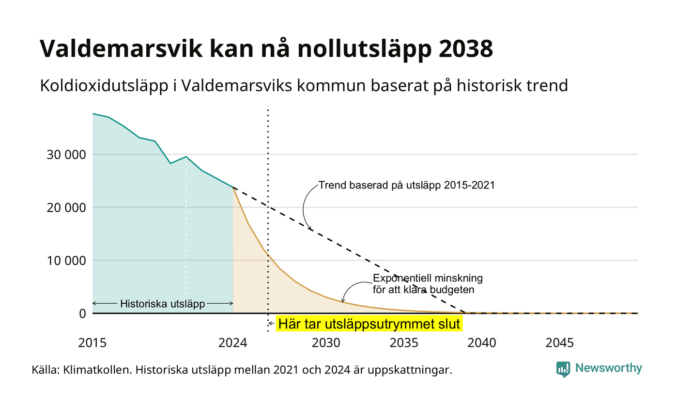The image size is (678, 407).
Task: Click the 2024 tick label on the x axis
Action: pos(233,343)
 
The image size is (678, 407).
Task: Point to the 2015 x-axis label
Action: pos(92,343)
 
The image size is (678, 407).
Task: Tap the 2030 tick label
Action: pos(326,343)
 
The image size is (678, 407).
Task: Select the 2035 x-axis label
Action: pos(404,343)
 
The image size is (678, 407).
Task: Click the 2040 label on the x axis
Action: pos(482,343)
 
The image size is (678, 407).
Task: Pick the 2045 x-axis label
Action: pos(560,343)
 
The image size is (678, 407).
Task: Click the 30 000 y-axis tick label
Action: pos(66,155)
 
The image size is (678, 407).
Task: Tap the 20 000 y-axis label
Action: pos(66,208)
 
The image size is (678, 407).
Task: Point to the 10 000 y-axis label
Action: pos(66,261)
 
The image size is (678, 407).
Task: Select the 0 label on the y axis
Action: pos(83,314)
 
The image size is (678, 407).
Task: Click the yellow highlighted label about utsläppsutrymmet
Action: pos(369,324)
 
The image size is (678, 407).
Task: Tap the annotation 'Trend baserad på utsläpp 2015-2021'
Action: pos(407,185)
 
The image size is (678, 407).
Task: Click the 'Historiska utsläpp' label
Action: pos(163,304)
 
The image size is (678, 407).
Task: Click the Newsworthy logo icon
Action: pos(563,369)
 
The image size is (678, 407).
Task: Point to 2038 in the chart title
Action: pos(466,48)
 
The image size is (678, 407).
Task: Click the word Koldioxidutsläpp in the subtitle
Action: pos(104,86)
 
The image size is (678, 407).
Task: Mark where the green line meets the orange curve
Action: pos(233,188)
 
